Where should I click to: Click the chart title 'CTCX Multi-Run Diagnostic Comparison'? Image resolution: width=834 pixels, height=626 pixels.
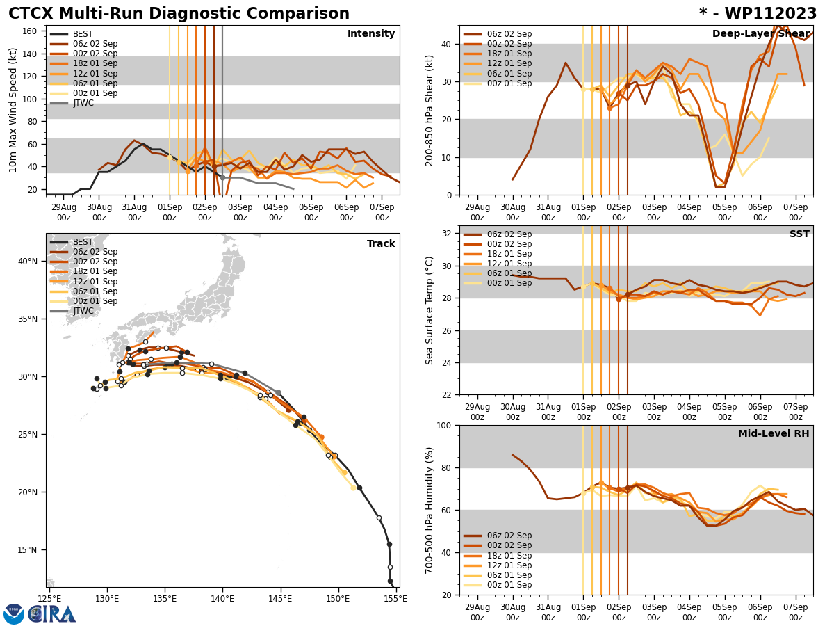point(179,14)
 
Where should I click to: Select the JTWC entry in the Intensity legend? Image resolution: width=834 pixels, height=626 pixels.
point(83,103)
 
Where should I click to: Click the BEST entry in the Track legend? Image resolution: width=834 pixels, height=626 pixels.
point(83,242)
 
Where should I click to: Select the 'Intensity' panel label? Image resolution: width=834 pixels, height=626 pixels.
point(371,34)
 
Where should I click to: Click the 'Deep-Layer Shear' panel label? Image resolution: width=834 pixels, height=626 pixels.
point(760,34)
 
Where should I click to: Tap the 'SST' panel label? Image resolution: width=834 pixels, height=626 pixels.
point(799,234)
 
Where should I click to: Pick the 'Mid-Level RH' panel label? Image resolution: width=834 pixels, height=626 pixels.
point(774,434)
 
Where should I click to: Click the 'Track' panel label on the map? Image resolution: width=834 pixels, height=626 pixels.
point(381,244)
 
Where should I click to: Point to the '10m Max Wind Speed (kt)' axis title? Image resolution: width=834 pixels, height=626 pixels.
point(13,110)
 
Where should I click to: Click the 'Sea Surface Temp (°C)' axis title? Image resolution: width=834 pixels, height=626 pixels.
point(430,310)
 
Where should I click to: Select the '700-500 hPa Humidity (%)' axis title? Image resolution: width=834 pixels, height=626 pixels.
point(430,510)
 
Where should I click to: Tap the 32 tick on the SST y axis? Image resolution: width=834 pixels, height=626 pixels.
point(448,234)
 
